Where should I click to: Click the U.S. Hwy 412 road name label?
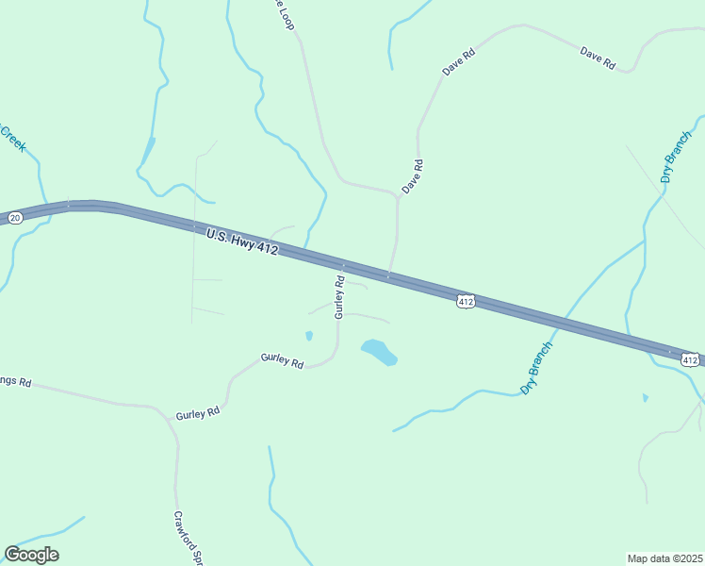tap(242, 241)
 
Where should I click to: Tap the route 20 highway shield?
tap(15, 218)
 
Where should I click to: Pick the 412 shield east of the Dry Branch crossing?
tap(689, 359)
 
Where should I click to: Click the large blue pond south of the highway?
tap(378, 352)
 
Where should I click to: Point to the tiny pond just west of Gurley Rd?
tap(309, 335)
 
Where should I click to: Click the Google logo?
tap(31, 555)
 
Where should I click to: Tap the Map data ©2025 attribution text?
tap(664, 558)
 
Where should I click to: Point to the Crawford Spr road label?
tap(189, 538)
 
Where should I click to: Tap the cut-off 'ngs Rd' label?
tap(16, 382)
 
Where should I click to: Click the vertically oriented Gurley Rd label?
tap(340, 297)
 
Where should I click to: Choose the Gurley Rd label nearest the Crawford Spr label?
tap(198, 412)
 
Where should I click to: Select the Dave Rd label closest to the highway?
tap(413, 176)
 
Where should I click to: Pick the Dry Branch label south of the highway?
tap(537, 368)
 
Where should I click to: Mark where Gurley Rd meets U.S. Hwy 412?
tap(343, 265)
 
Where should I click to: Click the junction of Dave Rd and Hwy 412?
tap(388, 276)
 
